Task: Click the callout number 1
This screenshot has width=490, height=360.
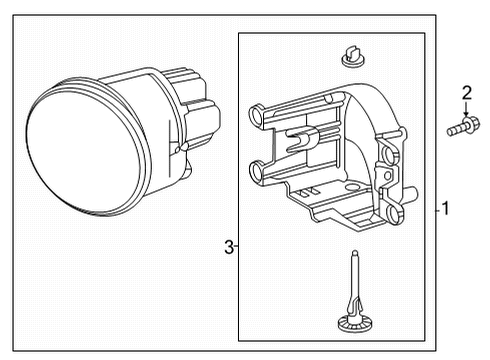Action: (446, 210)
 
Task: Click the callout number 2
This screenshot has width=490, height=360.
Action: (466, 94)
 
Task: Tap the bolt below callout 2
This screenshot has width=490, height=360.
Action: (462, 127)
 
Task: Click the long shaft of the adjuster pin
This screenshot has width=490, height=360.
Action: (357, 285)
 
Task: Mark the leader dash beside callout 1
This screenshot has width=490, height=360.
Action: (437, 210)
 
